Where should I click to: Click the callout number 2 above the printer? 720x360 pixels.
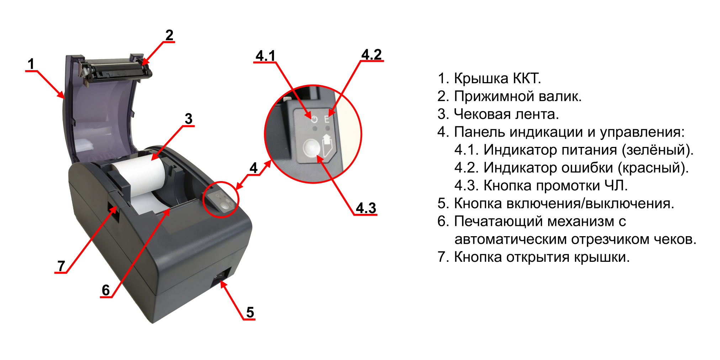(169, 35)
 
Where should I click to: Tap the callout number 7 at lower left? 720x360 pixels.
(61, 266)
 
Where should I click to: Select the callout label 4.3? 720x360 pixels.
(366, 208)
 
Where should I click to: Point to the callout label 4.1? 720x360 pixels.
(265, 55)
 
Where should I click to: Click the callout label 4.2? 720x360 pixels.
(371, 54)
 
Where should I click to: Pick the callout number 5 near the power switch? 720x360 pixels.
(250, 312)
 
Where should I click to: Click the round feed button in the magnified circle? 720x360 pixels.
(311, 148)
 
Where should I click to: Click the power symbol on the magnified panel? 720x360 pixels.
(314, 118)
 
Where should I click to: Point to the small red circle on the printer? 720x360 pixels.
(221, 199)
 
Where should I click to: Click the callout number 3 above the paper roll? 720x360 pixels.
(189, 118)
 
